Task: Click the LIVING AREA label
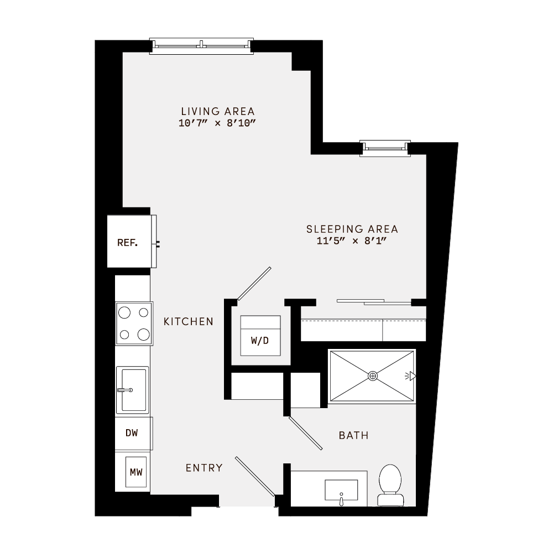pos(218,111)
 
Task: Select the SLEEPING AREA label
pos(352,229)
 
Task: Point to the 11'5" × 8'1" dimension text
pos(352,241)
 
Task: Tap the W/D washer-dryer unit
pos(260,336)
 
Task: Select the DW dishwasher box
pos(132,433)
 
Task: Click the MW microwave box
pos(136,472)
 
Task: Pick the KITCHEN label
pos(189,321)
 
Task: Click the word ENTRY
pos(204,468)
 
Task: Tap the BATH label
pos(353,436)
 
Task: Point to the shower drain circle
pos(373,376)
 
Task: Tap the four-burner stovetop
pos(134,324)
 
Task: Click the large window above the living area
pos(201,45)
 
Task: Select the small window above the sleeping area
pos(385,147)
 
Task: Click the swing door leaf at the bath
pos(305,432)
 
